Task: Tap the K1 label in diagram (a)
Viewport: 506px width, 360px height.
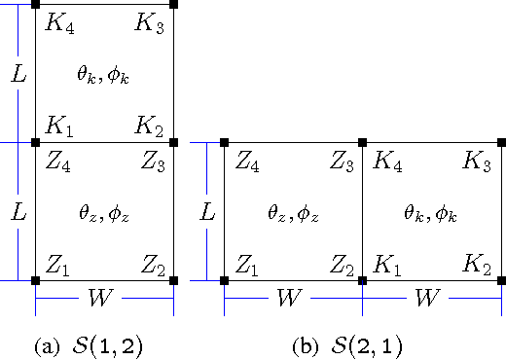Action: click(x=59, y=126)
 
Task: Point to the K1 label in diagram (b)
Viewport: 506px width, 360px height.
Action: click(x=386, y=262)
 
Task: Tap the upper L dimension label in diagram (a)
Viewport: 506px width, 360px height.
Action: click(x=18, y=73)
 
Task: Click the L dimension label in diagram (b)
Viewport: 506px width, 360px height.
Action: click(x=206, y=211)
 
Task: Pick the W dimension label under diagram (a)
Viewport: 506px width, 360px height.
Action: click(x=104, y=297)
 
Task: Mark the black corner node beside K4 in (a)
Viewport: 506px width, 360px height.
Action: click(x=35, y=5)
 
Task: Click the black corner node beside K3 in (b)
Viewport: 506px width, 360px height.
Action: click(x=502, y=143)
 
